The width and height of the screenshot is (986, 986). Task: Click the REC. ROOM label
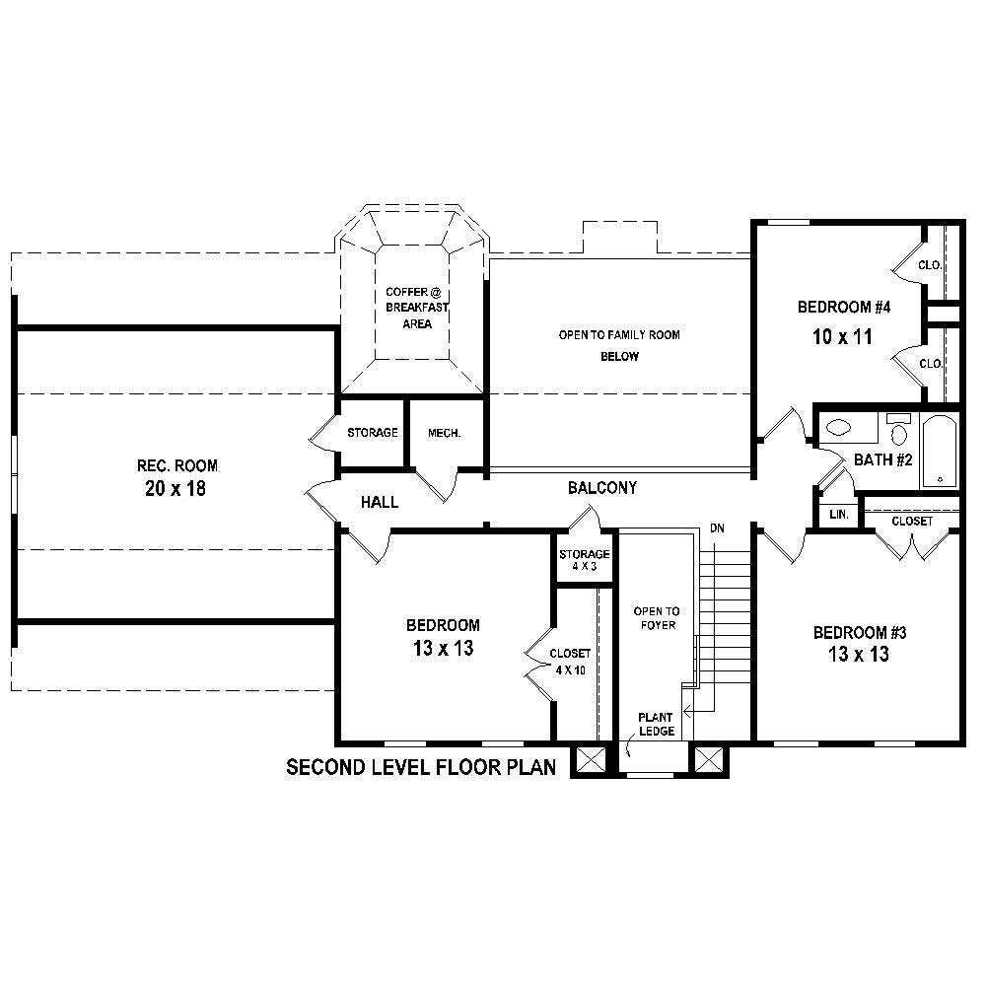[x=177, y=465]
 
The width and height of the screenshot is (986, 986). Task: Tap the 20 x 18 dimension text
[x=177, y=488]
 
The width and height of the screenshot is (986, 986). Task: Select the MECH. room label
[x=444, y=433]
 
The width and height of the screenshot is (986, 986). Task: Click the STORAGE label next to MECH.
[x=373, y=433]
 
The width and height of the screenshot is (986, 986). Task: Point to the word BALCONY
[x=601, y=488]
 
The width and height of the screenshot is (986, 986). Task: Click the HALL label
[x=380, y=503]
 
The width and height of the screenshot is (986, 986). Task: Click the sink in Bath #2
[x=838, y=428]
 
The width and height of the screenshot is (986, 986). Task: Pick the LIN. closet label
[x=839, y=515]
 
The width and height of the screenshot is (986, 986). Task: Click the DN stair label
[x=717, y=529]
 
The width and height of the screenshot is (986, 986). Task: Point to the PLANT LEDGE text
[x=656, y=724]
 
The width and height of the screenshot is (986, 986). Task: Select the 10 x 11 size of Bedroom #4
[x=843, y=337]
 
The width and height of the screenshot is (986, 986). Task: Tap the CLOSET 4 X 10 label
[x=571, y=662]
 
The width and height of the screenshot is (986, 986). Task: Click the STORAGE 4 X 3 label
[x=585, y=560]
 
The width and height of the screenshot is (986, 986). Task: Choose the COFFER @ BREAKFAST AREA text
[x=409, y=308]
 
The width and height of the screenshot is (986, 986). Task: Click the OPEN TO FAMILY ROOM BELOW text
[x=619, y=345]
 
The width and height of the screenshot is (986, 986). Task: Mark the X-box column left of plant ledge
[x=590, y=760]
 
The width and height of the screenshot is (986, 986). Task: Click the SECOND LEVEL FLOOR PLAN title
[x=421, y=767]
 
